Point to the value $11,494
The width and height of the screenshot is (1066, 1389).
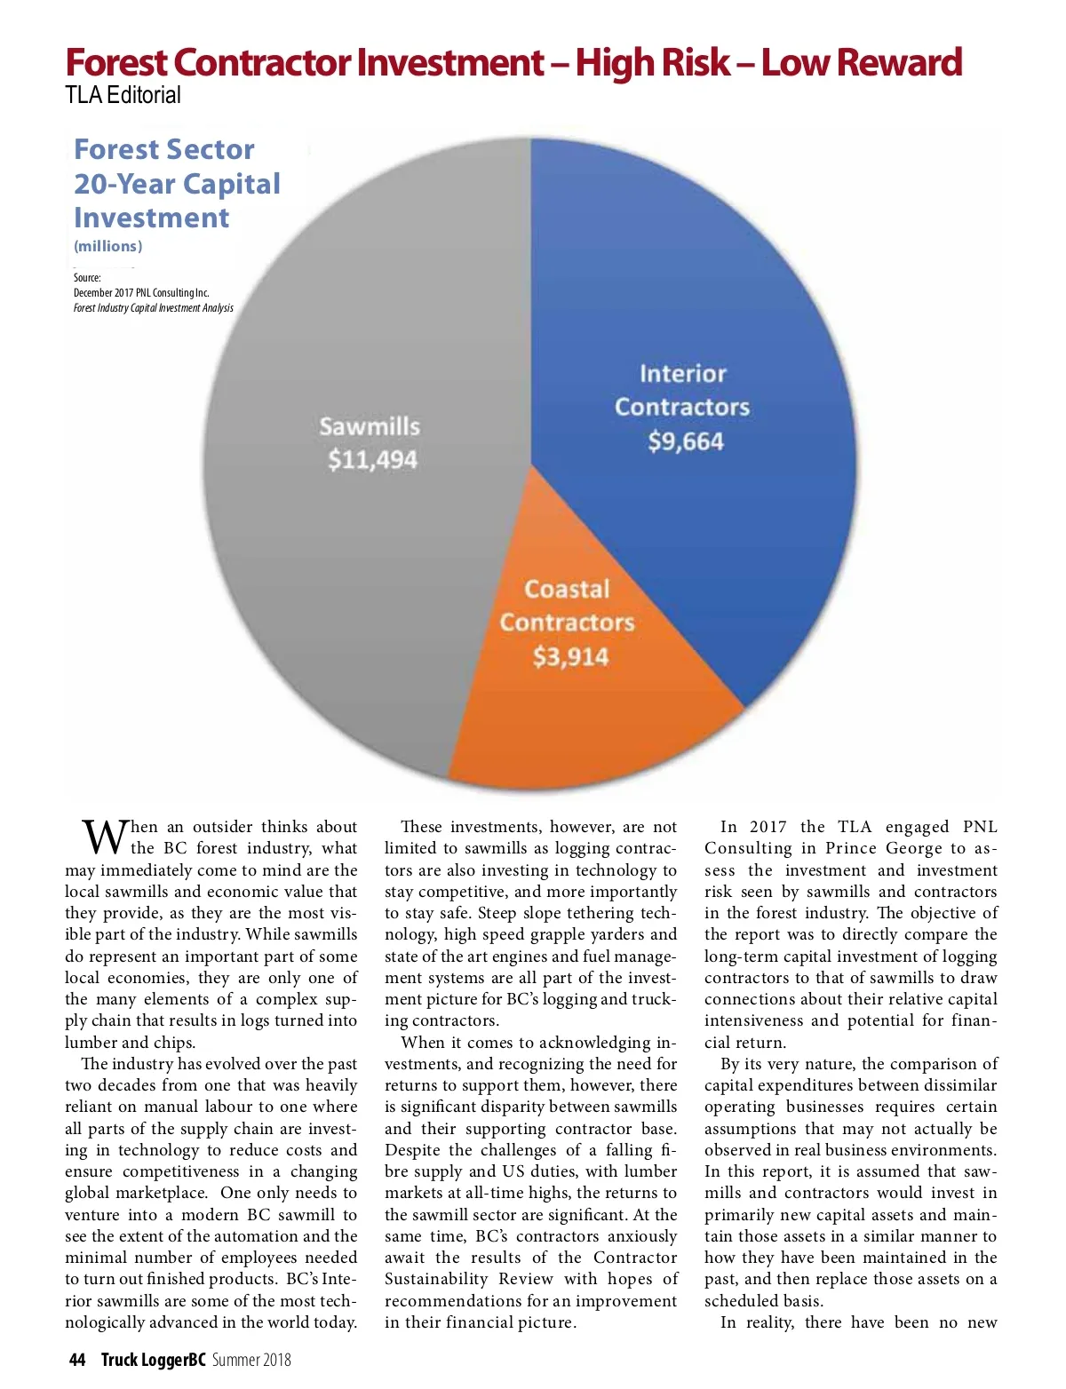372,460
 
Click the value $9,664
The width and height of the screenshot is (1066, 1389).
685,441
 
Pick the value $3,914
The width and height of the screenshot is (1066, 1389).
570,657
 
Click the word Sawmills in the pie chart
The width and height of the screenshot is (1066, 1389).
370,426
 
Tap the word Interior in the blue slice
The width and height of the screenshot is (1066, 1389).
682,374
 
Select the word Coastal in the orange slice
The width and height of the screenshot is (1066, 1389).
567,590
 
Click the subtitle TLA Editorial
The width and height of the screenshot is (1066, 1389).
123,95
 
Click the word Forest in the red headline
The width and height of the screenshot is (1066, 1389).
115,62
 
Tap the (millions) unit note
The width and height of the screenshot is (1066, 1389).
107,246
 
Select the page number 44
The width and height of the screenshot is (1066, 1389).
77,1360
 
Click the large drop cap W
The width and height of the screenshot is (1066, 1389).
103,837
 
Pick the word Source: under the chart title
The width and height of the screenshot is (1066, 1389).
87,278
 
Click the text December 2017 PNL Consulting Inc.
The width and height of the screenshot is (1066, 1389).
141,293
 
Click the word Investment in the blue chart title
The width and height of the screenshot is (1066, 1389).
151,218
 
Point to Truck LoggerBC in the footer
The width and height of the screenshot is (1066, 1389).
153,1360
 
